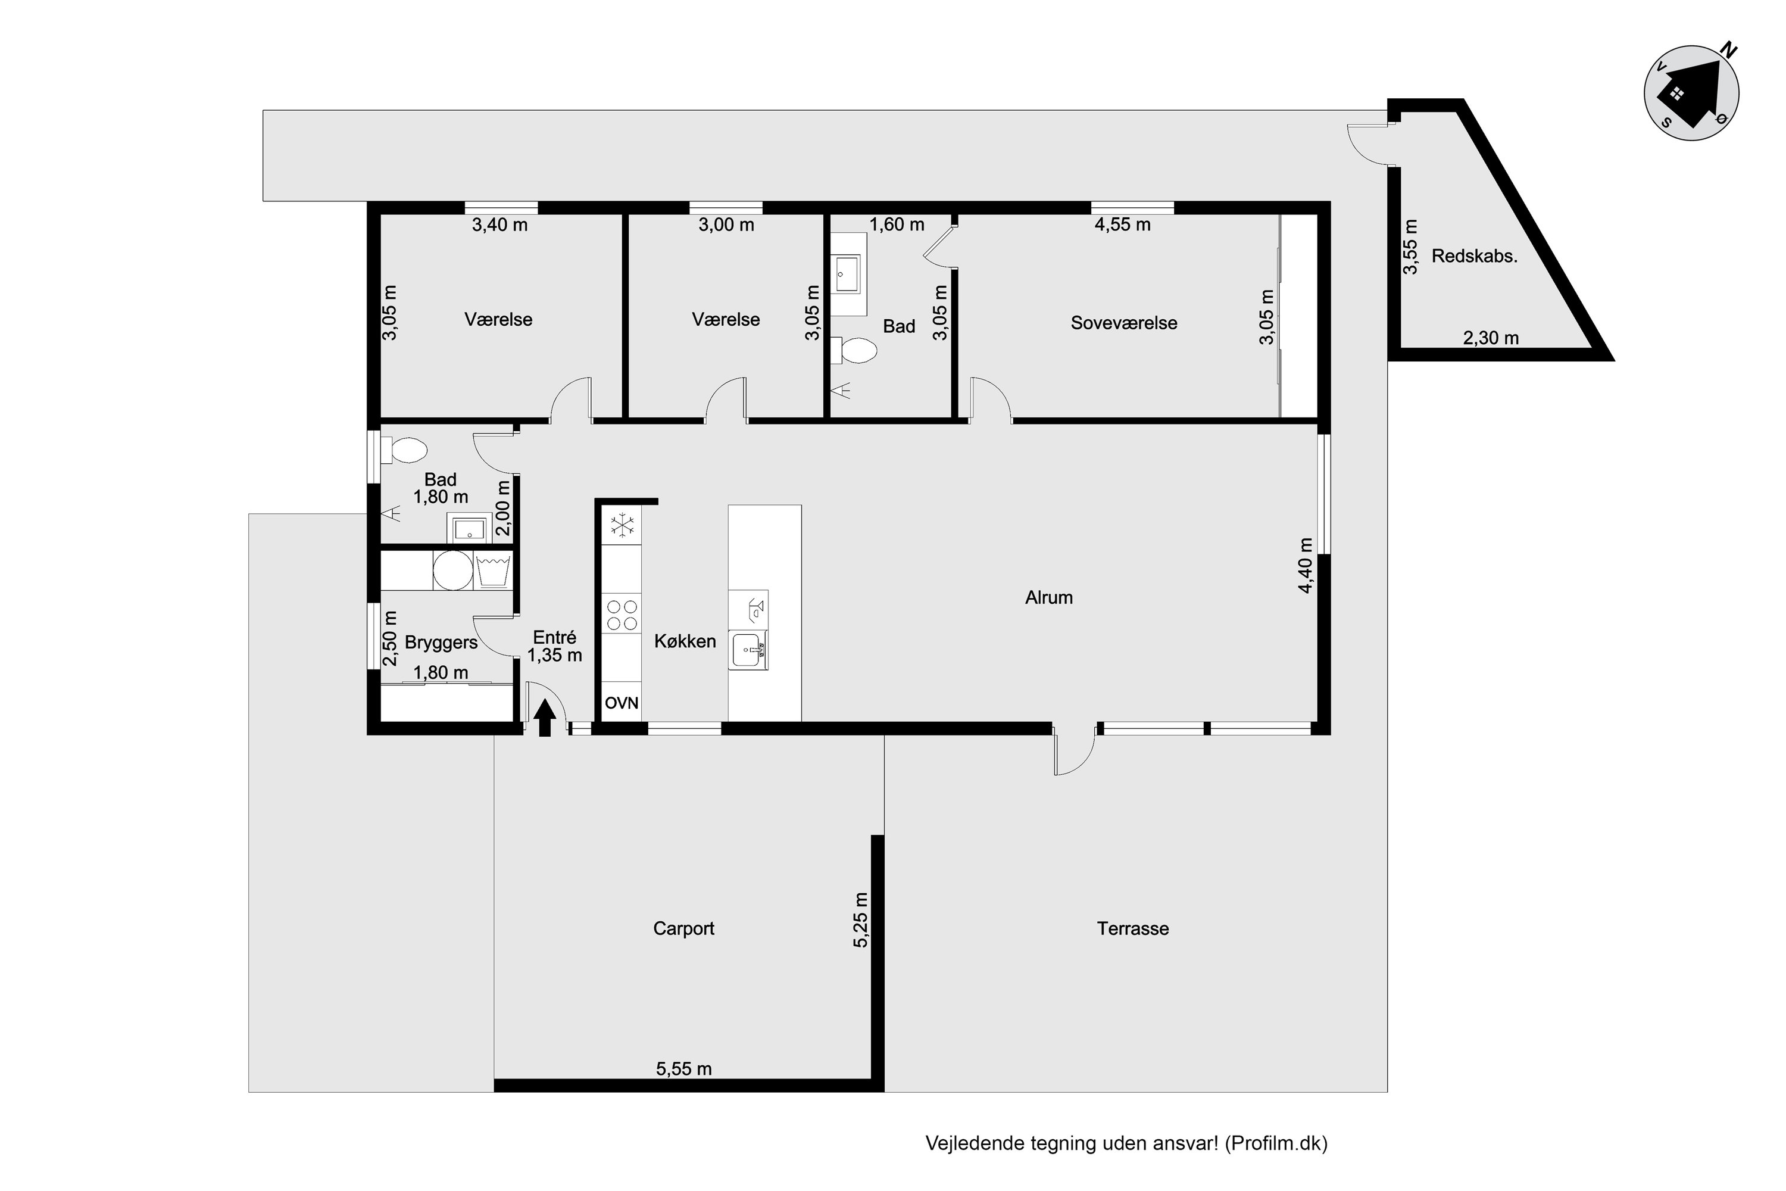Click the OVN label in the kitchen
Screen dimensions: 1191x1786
click(x=621, y=703)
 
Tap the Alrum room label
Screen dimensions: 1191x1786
click(x=1048, y=598)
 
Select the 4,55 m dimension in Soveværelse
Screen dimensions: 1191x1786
click(x=1122, y=225)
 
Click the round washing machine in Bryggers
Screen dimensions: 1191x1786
click(x=452, y=570)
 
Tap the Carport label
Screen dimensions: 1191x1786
click(x=683, y=928)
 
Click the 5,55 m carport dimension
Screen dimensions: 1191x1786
click(x=683, y=1069)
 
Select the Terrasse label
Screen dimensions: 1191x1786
click(x=1132, y=928)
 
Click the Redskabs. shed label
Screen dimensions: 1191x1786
click(x=1474, y=257)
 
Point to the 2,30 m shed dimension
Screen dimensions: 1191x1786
click(x=1491, y=338)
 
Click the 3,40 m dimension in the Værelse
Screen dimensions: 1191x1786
click(x=499, y=225)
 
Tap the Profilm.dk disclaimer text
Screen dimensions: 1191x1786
click(x=1126, y=1143)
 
